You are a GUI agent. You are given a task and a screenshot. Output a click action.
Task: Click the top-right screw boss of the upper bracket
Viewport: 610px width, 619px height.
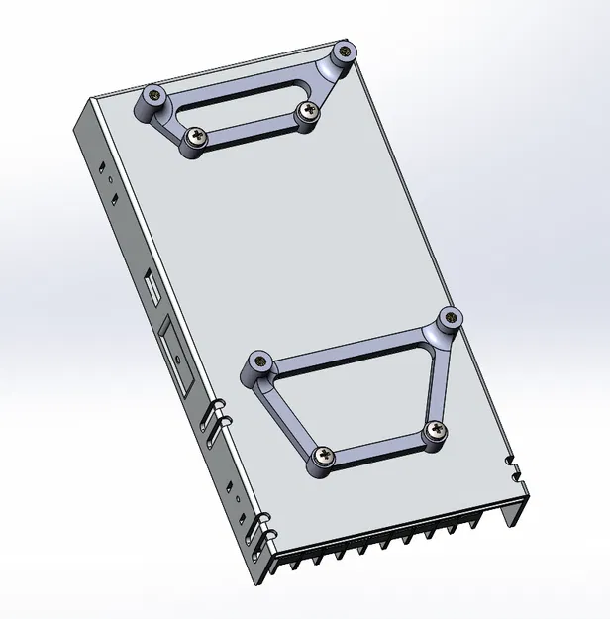click(x=344, y=52)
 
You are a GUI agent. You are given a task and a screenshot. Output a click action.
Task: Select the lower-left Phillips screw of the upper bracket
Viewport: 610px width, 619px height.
click(x=194, y=139)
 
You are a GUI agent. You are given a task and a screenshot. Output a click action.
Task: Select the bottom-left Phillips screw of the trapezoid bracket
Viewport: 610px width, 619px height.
click(x=323, y=457)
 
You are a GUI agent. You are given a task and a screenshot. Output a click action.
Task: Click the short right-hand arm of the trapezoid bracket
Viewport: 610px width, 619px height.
click(x=442, y=376)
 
